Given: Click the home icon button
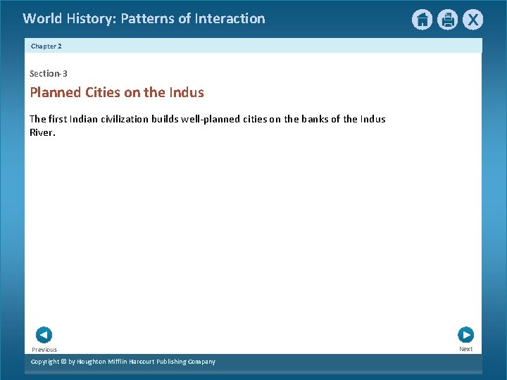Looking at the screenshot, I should (422, 20).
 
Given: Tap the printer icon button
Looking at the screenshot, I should (448, 20).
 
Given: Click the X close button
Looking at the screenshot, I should (473, 20).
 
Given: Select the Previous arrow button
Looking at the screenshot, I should (44, 335).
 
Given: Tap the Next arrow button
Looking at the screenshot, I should (465, 335).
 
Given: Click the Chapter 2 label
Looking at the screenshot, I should (46, 46).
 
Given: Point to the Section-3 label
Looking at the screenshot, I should (49, 73).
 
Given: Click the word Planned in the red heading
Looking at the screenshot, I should (56, 92).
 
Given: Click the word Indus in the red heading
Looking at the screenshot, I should (186, 92).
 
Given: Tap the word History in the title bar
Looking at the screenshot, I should (91, 19).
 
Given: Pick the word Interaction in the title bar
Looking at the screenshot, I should (230, 19).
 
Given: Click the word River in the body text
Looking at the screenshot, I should (41, 132).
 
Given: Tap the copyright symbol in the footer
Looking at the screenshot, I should (62, 362).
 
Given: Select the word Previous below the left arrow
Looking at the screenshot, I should (44, 350).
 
